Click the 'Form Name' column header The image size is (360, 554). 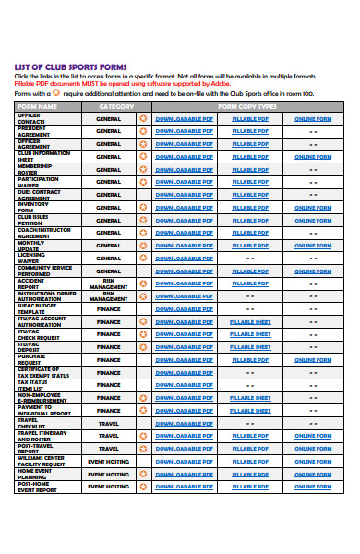click(x=38, y=106)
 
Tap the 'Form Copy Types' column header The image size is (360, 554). click(x=247, y=106)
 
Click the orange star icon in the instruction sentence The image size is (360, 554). click(x=54, y=93)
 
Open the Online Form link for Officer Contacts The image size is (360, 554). click(x=313, y=119)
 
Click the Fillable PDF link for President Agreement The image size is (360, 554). click(x=250, y=132)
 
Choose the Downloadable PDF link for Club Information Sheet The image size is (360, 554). click(x=184, y=157)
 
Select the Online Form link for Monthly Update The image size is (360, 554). click(x=313, y=246)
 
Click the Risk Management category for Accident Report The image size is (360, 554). click(x=109, y=284)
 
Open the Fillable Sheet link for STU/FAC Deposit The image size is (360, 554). click(x=250, y=347)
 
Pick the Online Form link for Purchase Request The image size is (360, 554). click(x=313, y=360)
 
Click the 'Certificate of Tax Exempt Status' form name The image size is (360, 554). click(x=43, y=373)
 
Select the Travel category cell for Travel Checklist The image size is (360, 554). click(x=109, y=423)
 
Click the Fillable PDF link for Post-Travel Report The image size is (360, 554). click(x=250, y=449)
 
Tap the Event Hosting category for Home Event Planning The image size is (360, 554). click(x=109, y=474)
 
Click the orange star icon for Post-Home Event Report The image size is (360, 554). click(x=143, y=487)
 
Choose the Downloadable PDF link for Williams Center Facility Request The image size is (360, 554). click(x=184, y=461)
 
